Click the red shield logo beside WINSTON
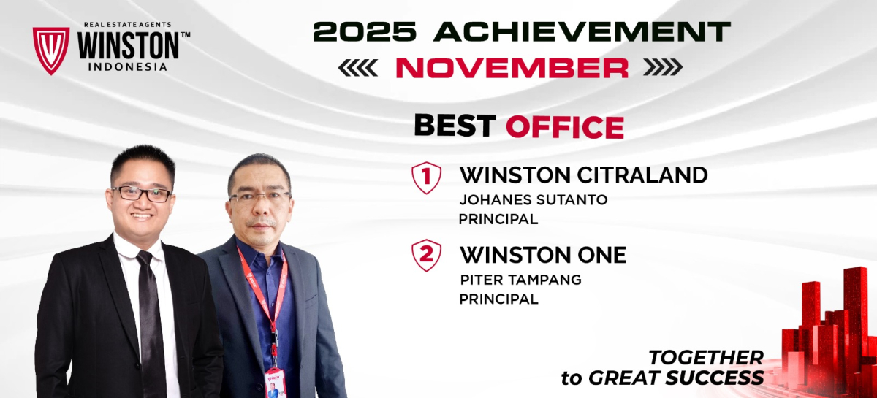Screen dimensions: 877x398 [51, 50]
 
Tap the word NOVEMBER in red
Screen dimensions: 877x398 [512, 68]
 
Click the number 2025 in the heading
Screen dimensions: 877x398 [365, 31]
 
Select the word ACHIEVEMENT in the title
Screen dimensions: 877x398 [582, 31]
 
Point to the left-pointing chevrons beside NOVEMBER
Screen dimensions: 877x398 [358, 68]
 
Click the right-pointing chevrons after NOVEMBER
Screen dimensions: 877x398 [664, 67]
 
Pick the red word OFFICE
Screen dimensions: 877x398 [565, 127]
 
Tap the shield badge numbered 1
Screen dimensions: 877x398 [426, 177]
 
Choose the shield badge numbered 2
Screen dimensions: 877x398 [426, 255]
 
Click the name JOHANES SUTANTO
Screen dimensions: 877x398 [534, 200]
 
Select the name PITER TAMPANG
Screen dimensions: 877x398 [520, 280]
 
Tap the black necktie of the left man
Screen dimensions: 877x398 [150, 321]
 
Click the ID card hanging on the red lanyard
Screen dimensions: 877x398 [276, 383]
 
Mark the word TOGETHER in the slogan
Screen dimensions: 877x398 [706, 358]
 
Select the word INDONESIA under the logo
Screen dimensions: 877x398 [128, 67]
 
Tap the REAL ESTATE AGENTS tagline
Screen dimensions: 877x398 [128, 25]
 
